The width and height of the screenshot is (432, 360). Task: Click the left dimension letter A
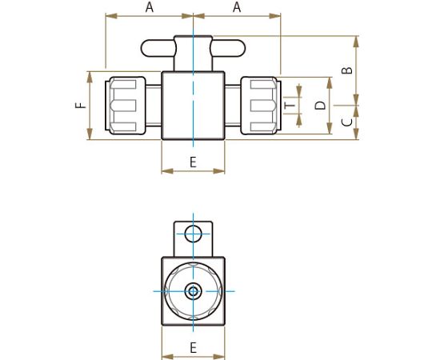[150, 7]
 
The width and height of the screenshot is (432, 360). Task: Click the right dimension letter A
[237, 7]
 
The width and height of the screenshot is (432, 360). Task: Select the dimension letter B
[347, 70]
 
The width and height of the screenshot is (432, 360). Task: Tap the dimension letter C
[347, 122]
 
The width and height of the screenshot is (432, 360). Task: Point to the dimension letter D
[320, 106]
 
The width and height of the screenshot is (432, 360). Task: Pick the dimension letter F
[81, 105]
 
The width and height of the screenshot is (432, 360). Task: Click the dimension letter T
[290, 106]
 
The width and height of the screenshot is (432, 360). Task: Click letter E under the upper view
[193, 162]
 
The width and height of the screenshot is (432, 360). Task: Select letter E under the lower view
[193, 348]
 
